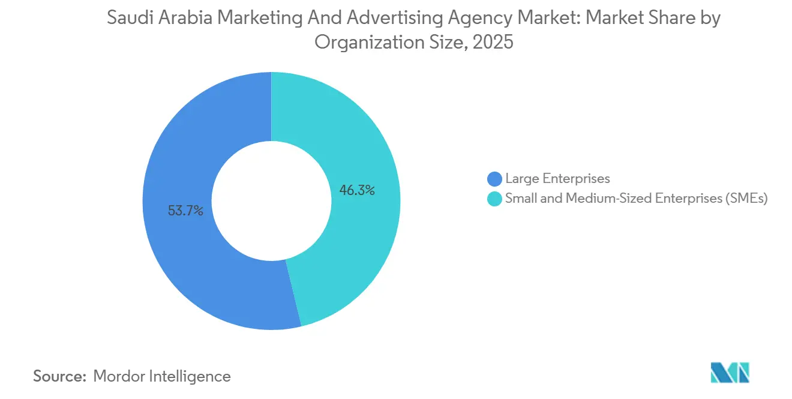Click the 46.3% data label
(357, 191)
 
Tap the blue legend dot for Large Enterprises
(495, 179)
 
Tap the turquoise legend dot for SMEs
(495, 199)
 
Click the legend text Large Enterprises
(557, 179)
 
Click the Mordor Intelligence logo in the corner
(729, 373)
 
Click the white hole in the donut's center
(271, 201)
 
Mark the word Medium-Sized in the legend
(608, 199)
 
